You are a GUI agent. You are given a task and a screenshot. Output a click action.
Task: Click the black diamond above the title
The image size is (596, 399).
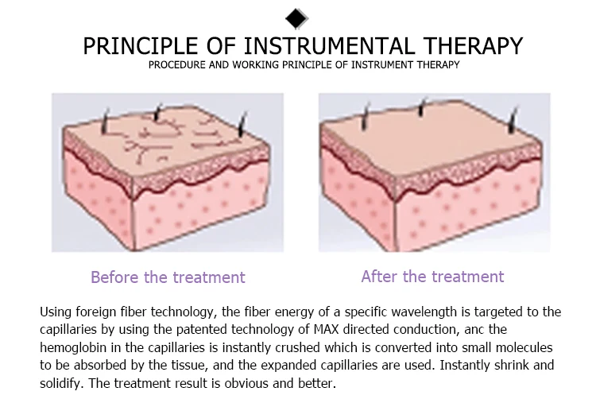(x=296, y=18)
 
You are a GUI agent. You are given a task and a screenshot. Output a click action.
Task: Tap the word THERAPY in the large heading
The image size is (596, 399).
(x=474, y=46)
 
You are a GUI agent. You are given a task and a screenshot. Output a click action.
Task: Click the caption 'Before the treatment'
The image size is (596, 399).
(x=168, y=277)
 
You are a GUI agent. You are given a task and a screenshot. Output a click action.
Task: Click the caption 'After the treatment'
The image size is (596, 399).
(x=432, y=277)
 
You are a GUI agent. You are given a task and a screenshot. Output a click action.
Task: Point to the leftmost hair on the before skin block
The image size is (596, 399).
(x=105, y=121)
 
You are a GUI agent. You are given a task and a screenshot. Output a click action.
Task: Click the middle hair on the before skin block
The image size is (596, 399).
(x=157, y=112)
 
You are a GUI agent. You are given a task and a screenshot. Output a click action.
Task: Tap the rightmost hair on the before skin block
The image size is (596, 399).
(x=242, y=124)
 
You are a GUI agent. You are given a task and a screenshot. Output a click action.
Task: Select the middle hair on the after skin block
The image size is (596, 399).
(x=421, y=107)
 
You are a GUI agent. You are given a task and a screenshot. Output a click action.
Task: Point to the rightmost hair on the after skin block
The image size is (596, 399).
(x=513, y=120)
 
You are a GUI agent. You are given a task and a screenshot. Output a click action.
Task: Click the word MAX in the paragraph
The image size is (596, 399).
(x=326, y=329)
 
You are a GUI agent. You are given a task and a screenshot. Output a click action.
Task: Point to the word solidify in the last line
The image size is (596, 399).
(x=61, y=383)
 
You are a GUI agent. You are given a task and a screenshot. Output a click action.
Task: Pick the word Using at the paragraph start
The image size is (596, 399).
(x=56, y=312)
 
